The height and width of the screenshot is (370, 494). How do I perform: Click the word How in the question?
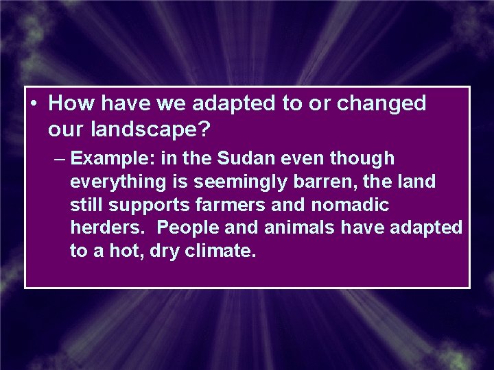73,103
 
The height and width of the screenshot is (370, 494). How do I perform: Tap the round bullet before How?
33,104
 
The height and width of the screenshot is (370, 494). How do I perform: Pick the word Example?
113,159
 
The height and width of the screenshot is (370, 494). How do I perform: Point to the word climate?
221,251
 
